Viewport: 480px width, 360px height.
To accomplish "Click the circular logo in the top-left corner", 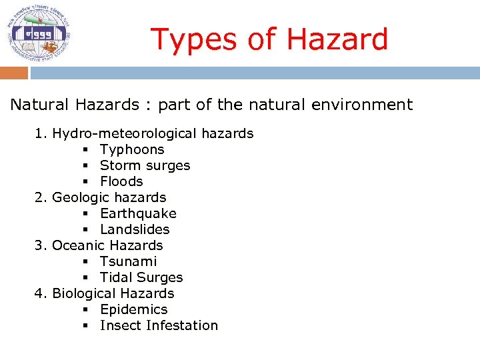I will [x=38, y=33].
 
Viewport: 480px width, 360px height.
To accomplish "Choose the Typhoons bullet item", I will [x=132, y=149].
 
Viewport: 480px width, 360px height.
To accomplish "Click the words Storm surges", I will [x=145, y=165].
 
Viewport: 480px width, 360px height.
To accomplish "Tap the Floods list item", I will [x=121, y=181].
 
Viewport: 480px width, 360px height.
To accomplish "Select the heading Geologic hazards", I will [x=109, y=197].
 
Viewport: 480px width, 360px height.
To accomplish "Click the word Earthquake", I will [x=138, y=213].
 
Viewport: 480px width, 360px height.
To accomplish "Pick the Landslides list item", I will [x=135, y=229].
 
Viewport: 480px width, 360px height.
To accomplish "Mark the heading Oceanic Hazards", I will [x=107, y=245].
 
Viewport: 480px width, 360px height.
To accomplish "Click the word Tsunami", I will [x=128, y=261].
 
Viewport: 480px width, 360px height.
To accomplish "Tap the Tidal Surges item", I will [x=141, y=277].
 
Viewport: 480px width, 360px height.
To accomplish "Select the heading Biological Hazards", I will [x=113, y=293].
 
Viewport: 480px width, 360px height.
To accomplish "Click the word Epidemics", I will [x=133, y=309].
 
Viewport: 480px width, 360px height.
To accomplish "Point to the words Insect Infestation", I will [x=159, y=325].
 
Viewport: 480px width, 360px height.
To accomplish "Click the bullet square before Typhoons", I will [x=87, y=150].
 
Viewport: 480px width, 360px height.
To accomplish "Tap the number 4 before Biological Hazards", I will [x=39, y=293].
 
